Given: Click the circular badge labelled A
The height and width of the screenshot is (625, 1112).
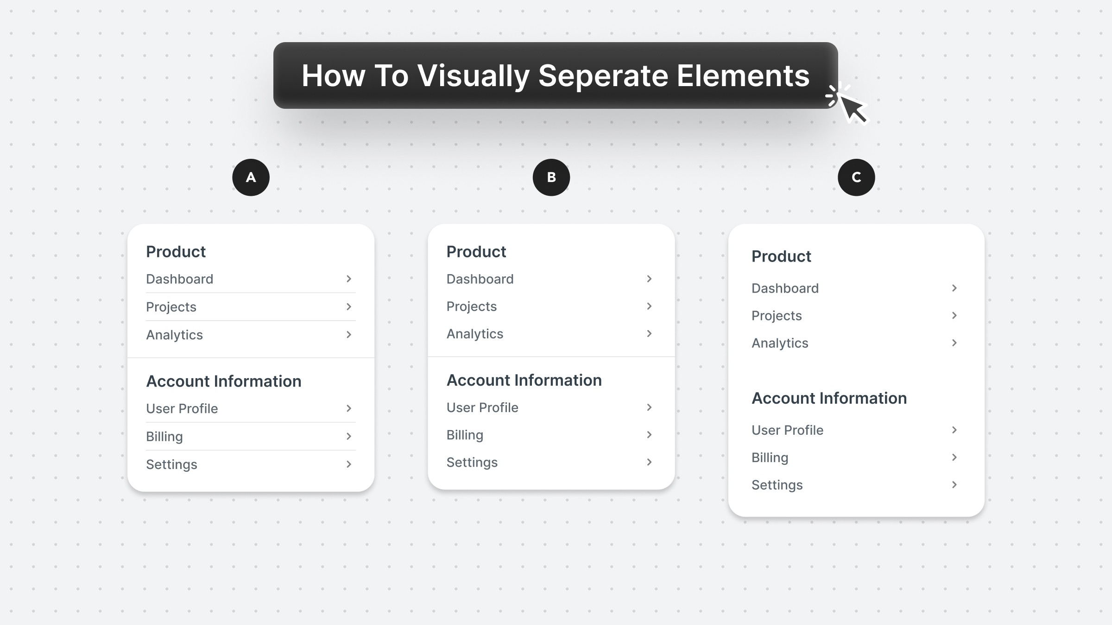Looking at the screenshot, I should point(251,177).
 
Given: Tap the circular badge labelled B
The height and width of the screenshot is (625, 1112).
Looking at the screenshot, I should point(551,177).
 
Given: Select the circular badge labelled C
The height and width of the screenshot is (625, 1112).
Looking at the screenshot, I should point(856,177).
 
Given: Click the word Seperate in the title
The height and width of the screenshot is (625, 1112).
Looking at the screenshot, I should point(603,75).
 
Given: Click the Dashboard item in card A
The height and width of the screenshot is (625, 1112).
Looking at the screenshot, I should point(180,279).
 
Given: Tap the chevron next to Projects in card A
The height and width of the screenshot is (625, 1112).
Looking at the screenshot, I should point(349,306).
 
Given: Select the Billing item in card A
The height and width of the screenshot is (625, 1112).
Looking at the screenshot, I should point(164,437).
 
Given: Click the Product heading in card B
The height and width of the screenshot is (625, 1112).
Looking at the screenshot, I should point(476,251).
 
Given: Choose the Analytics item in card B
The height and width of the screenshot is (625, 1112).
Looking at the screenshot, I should point(475,334).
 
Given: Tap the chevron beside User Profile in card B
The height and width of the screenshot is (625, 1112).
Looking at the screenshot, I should point(649,407).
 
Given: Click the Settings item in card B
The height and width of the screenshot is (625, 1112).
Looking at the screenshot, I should point(472,462).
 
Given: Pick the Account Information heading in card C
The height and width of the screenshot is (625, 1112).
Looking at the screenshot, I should point(829,398).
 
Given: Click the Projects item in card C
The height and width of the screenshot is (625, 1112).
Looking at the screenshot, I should point(777,316).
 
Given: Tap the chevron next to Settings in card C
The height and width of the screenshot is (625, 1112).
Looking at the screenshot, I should point(954,485).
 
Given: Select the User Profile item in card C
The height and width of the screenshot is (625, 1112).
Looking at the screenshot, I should point(787,430).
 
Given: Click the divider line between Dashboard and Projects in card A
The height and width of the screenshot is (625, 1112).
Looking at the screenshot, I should point(251,293).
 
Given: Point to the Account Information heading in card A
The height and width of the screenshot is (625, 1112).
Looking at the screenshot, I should point(224,381).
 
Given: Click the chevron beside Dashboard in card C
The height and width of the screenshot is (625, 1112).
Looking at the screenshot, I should point(954,288).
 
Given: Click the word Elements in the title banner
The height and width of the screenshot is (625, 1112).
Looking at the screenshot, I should point(743,75).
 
